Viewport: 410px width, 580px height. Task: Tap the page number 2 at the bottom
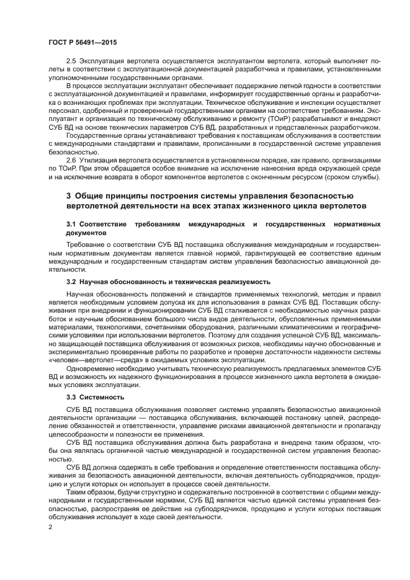[51, 527]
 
